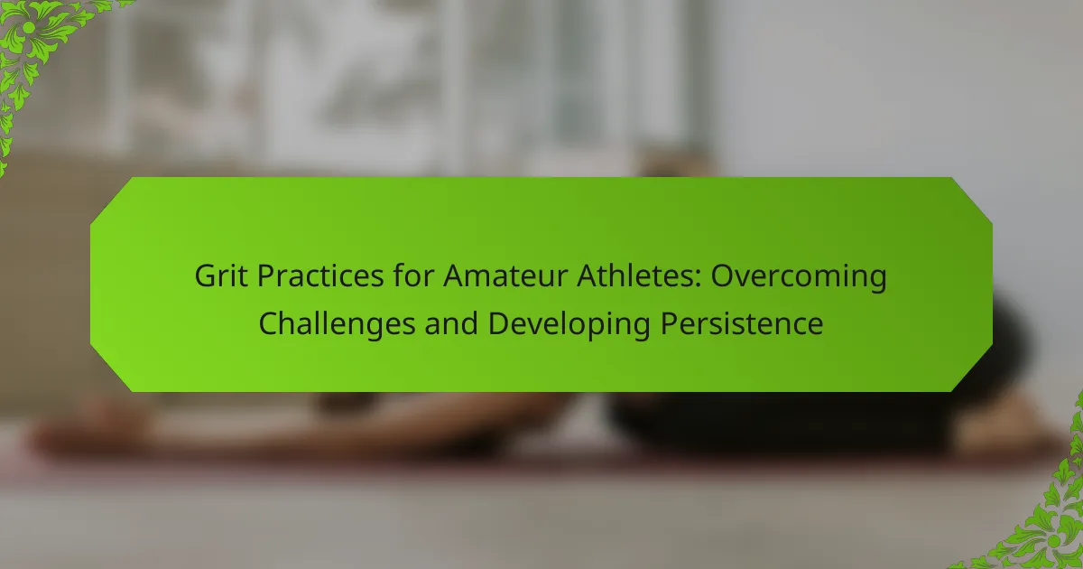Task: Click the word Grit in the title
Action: (221, 275)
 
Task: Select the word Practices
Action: (320, 275)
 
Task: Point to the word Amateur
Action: (505, 275)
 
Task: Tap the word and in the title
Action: (451, 323)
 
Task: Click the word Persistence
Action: (742, 323)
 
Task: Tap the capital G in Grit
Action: (206, 275)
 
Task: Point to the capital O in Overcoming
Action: (722, 275)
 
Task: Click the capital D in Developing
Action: (499, 323)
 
